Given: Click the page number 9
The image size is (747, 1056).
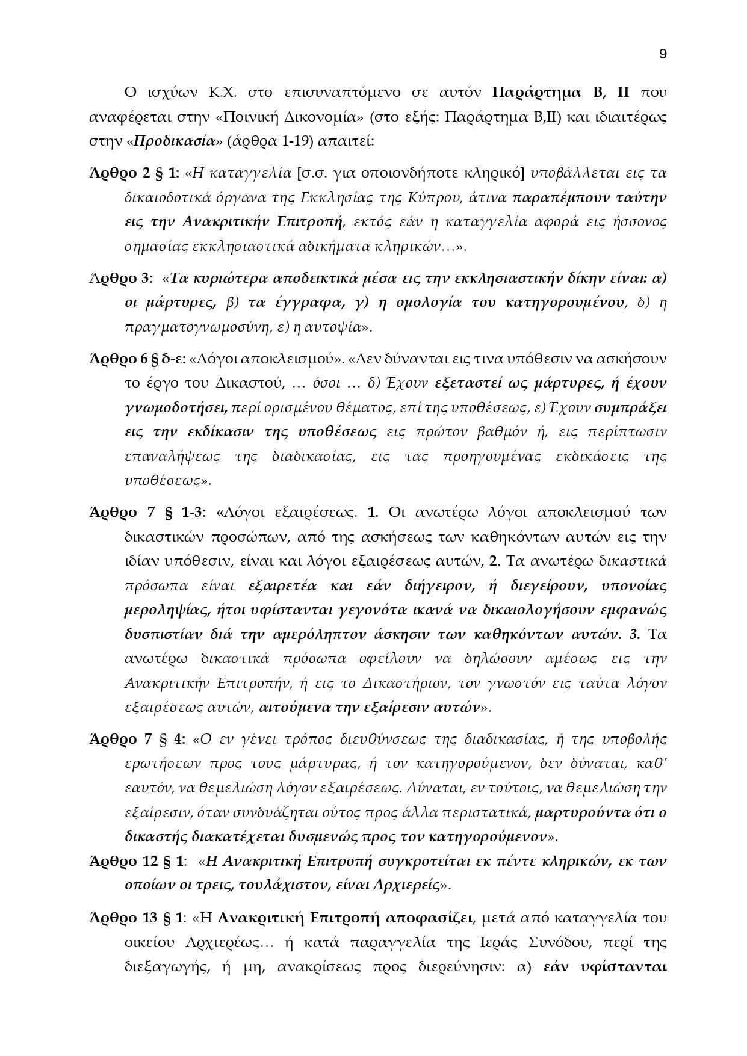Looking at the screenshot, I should (x=663, y=54).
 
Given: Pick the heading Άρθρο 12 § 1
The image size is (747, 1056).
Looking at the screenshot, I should (x=136, y=861).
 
